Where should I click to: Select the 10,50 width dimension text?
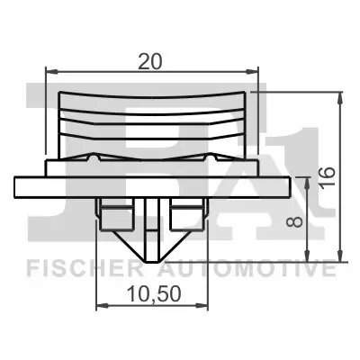point(150,292)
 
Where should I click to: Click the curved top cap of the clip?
point(151,95)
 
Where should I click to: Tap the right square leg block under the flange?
point(187,217)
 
